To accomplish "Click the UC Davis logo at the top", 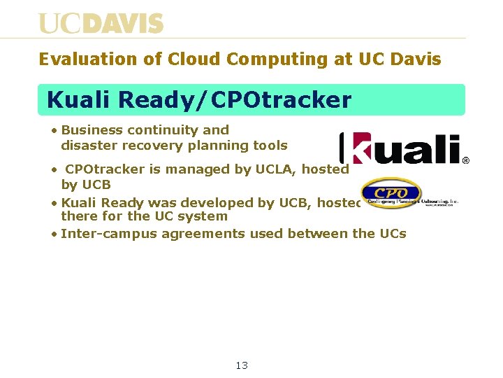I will coord(101,24).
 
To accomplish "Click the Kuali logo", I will coord(400,148).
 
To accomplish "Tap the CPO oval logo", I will coord(391,193).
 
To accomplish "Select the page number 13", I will coord(242,365).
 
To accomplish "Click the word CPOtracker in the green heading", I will coord(280,100).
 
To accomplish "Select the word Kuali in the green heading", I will coord(79,100).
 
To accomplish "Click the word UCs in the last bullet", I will coord(392,233).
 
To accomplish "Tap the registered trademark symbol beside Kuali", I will coord(465,160).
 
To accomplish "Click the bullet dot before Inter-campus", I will coord(54,234).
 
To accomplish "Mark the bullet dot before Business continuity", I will coord(54,130).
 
